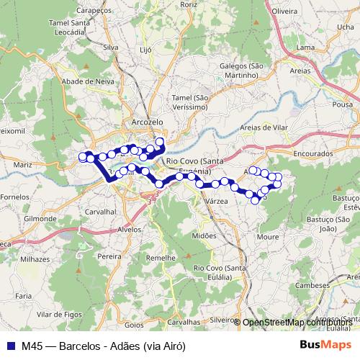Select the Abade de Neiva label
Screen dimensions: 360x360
click(89, 81)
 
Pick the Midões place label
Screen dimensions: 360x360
click(204, 235)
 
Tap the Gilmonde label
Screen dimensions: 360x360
click(40, 217)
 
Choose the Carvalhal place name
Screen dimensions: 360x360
click(101, 212)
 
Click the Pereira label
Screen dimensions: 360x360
click(109, 256)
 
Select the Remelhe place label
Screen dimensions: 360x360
click(161, 258)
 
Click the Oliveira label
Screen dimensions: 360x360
click(285, 12)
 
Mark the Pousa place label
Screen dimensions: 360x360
click(343, 104)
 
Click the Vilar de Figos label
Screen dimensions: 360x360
click(58, 315)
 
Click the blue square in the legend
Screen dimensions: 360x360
click(12, 346)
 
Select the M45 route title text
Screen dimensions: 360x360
click(104, 346)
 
